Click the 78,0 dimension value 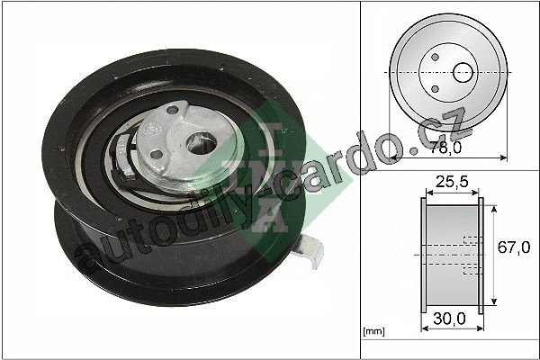445,148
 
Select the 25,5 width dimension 452,181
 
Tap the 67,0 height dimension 514,247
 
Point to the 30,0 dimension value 449,319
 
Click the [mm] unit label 373,331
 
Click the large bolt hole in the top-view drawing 463,73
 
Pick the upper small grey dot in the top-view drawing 435,57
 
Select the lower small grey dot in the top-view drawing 435,89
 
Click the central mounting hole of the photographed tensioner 201,143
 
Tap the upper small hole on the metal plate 172,110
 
